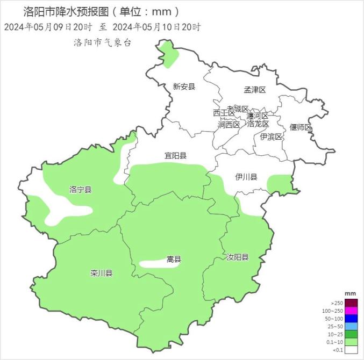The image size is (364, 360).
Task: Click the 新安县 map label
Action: (184, 86)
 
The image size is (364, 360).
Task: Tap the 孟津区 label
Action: (255, 90)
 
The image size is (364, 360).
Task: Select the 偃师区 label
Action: (301, 127)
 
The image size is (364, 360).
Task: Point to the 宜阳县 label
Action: (175, 156)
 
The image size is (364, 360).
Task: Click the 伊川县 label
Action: (246, 177)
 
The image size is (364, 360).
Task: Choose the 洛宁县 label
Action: (81, 190)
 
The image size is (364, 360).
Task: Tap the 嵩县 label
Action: (174, 260)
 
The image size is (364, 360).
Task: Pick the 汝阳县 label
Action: (237, 257)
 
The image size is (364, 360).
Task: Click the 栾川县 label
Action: (101, 273)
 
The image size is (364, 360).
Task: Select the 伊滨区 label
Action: (271, 136)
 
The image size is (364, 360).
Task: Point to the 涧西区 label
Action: (229, 125)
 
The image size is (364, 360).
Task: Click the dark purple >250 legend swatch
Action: (351, 303)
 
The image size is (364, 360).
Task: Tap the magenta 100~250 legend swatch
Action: (351, 311)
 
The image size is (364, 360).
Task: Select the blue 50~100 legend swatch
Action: (351, 319)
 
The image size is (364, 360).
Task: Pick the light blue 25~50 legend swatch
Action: (351, 326)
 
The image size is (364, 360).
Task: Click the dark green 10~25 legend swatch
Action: (351, 334)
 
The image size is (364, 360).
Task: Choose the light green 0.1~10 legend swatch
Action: (351, 342)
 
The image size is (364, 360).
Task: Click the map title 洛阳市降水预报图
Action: (64, 11)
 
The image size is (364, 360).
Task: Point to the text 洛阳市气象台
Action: (102, 42)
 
